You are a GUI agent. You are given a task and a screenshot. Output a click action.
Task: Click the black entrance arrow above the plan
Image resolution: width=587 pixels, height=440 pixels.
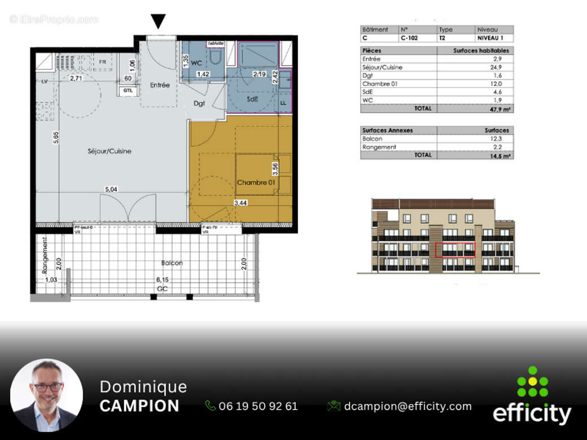click(x=159, y=21)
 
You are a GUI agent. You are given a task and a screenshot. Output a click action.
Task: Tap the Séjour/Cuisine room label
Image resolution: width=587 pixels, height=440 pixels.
click(x=109, y=151)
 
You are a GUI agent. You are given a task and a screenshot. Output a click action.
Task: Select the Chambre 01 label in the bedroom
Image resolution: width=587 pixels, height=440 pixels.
click(x=256, y=182)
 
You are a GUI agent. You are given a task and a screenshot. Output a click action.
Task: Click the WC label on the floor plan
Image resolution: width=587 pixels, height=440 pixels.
click(x=196, y=63)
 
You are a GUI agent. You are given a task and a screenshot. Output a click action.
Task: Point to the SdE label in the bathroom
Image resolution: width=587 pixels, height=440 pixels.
click(x=252, y=99)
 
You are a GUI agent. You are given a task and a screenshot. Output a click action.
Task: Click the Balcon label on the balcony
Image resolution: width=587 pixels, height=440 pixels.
click(x=172, y=263)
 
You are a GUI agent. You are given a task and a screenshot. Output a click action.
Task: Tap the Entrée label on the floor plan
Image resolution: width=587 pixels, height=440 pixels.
click(x=160, y=85)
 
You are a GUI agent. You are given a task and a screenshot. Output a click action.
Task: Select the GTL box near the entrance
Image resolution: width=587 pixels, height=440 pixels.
click(x=128, y=90)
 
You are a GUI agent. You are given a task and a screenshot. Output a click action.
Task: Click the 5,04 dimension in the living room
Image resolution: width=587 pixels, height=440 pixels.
click(x=110, y=190)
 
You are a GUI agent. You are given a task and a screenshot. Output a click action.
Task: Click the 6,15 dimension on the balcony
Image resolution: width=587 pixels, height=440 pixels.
click(x=163, y=280)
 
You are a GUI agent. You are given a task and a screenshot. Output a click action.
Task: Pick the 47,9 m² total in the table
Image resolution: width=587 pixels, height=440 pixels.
click(x=501, y=109)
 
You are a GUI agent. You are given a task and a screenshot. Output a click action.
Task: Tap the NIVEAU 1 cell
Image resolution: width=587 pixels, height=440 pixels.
click(x=493, y=38)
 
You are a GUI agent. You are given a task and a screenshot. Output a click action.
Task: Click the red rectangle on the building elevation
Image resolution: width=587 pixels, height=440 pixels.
click(x=455, y=249)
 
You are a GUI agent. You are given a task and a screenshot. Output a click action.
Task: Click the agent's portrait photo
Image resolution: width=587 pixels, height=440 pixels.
click(x=46, y=395)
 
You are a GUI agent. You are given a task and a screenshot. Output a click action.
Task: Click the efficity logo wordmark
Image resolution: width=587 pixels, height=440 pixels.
click(x=532, y=413)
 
